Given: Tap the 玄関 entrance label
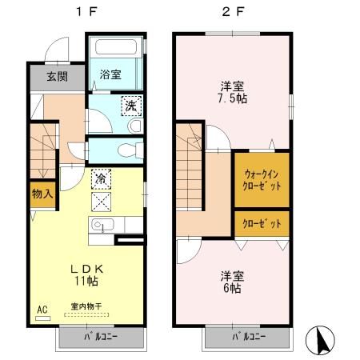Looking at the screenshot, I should coord(55,78).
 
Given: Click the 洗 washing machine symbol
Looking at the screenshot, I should coord(130,104).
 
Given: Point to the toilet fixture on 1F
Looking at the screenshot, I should coord(128,150).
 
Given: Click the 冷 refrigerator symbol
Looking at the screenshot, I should coord(102,178).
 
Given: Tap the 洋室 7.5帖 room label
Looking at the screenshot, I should coord(231,93).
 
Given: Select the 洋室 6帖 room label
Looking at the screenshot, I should coord(231,282).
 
